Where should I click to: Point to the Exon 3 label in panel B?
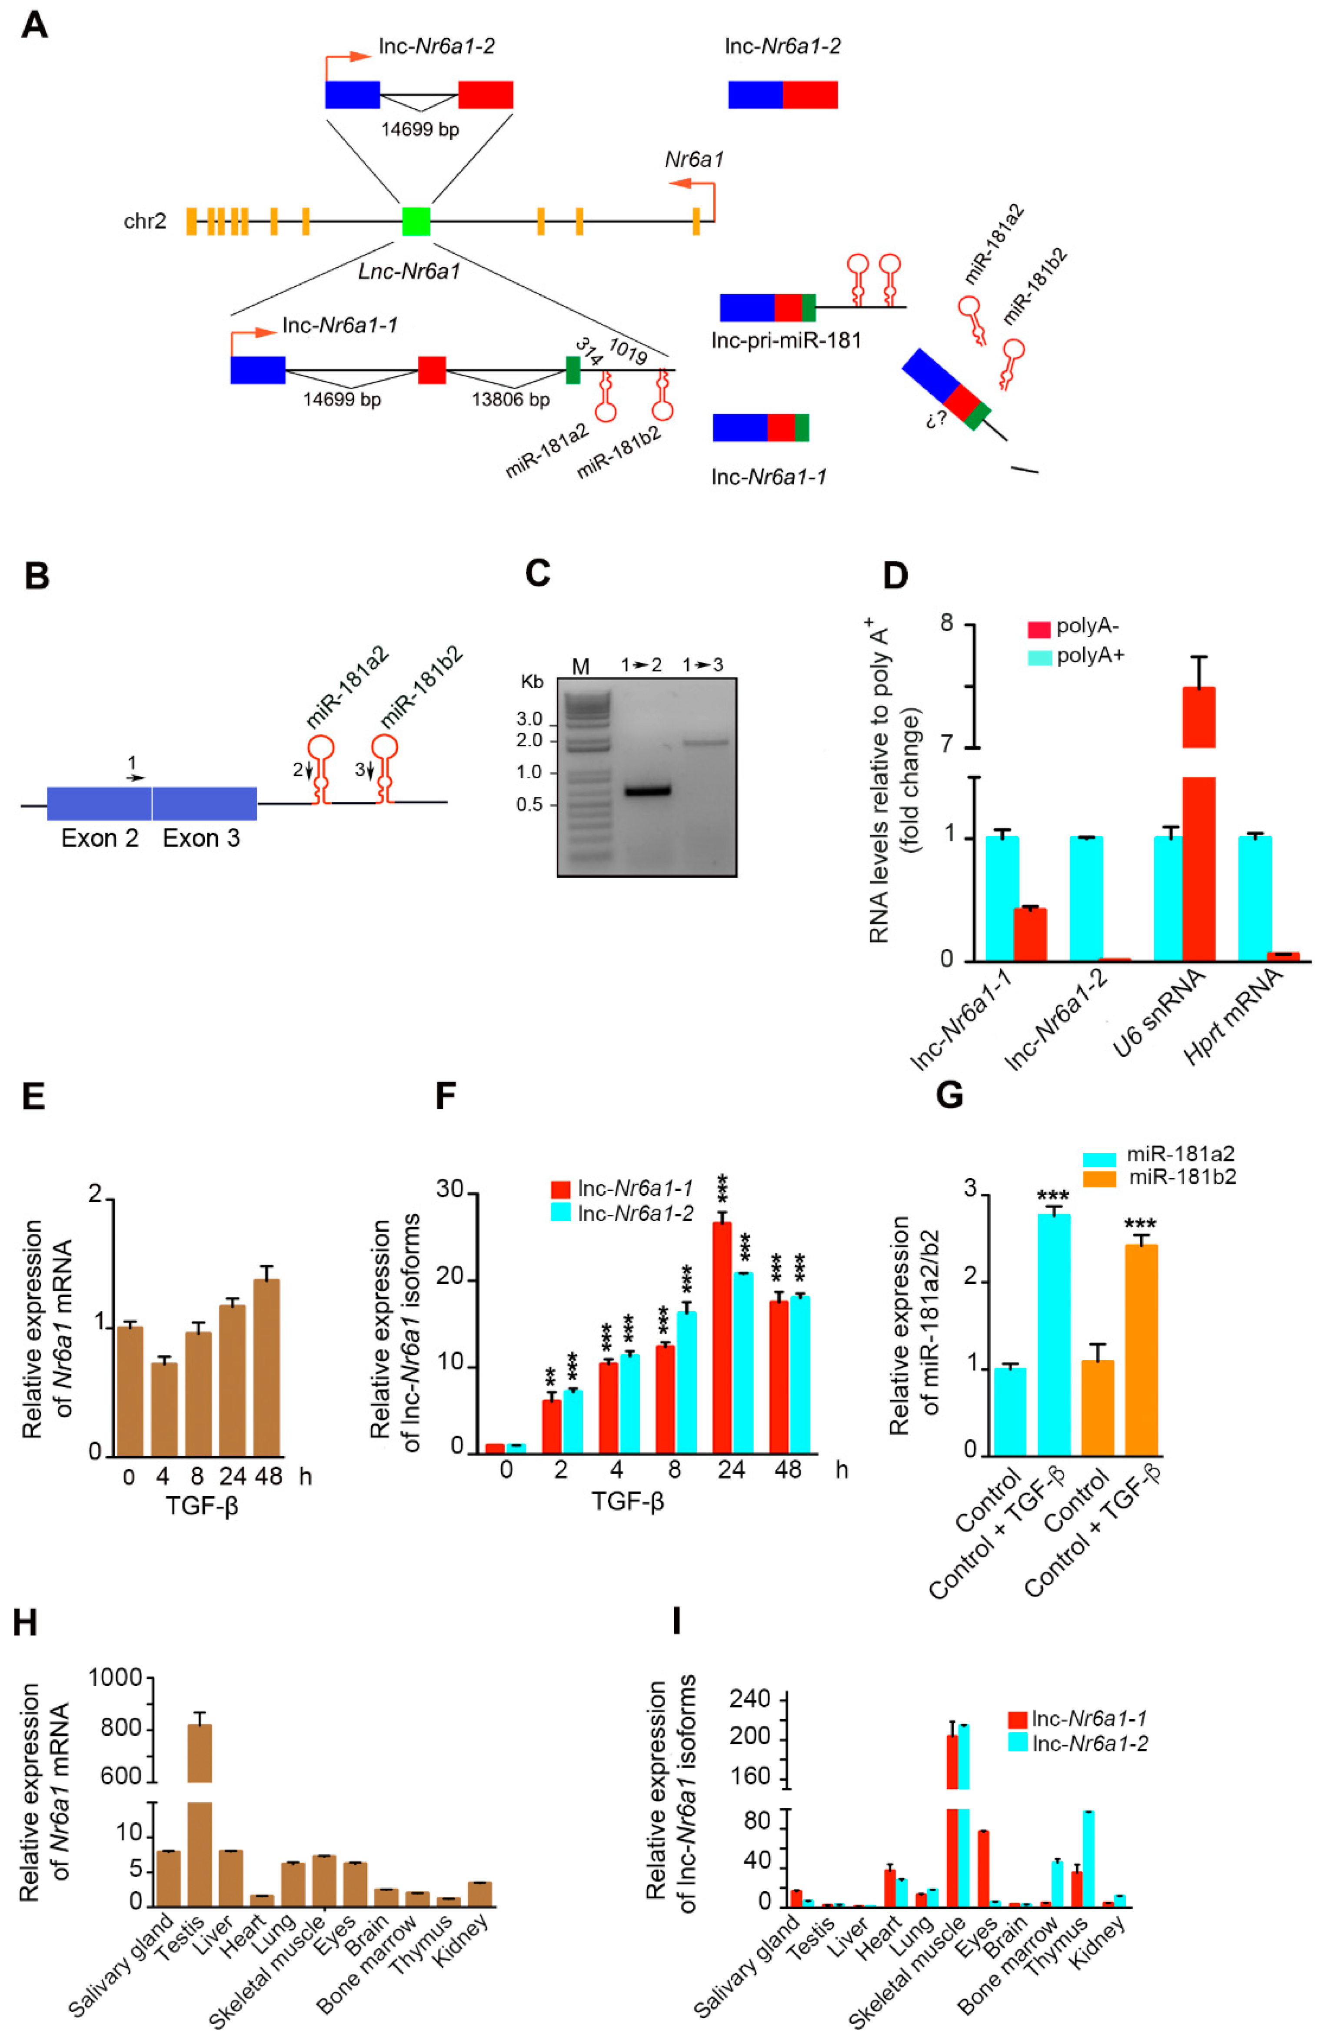[201, 838]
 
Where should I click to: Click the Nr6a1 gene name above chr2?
[694, 159]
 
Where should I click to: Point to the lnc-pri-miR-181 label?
[785, 341]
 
